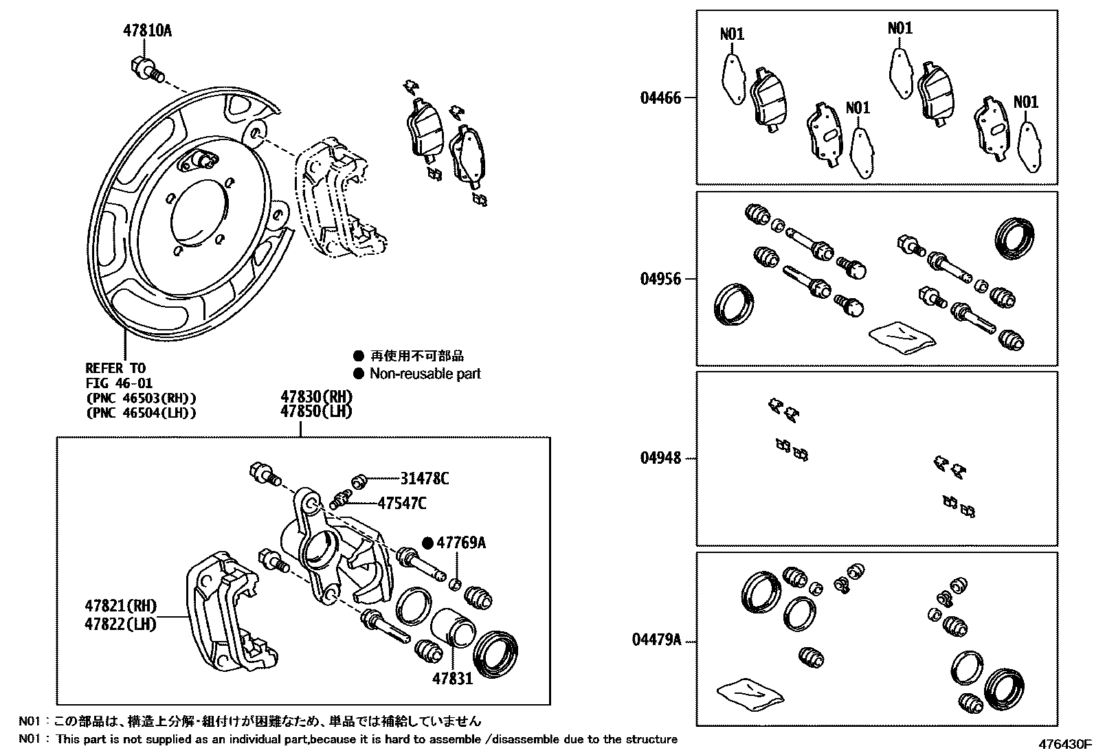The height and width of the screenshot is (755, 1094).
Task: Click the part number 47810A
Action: (147, 31)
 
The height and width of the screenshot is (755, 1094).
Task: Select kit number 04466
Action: (660, 98)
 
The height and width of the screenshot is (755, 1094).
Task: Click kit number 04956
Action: (660, 279)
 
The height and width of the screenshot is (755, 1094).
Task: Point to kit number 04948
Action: (660, 458)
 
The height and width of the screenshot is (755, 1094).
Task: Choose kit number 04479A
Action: (656, 640)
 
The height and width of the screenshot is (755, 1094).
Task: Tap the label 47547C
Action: (402, 504)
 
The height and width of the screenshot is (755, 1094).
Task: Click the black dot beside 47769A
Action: (427, 543)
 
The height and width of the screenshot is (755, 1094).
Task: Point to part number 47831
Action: (452, 679)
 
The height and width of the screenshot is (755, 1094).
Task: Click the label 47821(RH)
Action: (121, 606)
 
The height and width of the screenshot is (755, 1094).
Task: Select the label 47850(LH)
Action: (316, 412)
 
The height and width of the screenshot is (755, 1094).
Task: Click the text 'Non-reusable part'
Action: (425, 374)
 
